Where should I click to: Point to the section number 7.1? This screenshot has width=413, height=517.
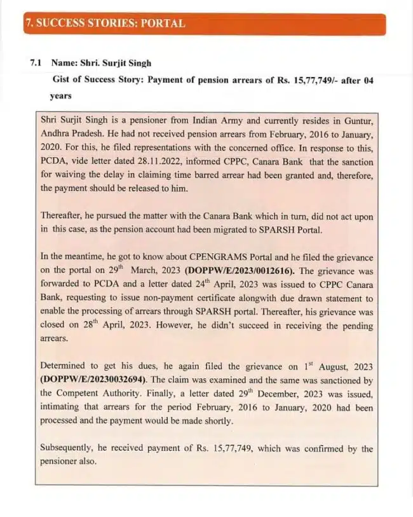(x=36, y=64)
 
